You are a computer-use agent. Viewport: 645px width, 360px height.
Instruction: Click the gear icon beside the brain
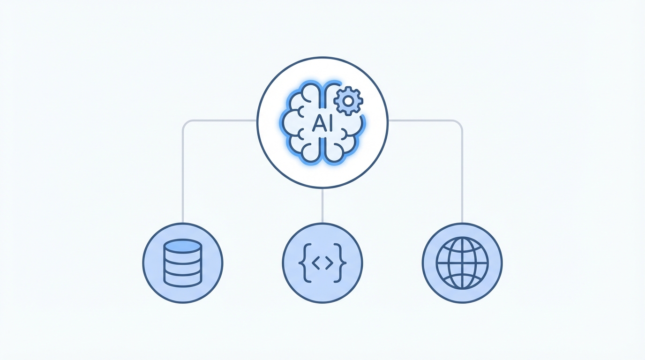[x=348, y=100]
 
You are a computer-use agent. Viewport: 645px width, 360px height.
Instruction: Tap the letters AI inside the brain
[x=322, y=123]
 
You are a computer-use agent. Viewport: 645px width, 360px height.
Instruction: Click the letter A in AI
[x=317, y=123]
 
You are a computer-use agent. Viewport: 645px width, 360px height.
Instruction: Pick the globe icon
[x=462, y=262]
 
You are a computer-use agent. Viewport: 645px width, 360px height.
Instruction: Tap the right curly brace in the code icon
[x=342, y=263]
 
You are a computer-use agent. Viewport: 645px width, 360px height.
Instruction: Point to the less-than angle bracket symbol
[x=315, y=263]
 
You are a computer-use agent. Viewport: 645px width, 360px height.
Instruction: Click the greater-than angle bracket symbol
[x=329, y=263]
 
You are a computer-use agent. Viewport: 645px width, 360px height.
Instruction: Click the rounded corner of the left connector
[x=185, y=123]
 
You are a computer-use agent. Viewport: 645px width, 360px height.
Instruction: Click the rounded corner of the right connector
[x=459, y=123]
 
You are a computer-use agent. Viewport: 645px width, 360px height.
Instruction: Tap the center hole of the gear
[x=348, y=100]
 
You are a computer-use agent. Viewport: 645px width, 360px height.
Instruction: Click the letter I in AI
[x=329, y=123]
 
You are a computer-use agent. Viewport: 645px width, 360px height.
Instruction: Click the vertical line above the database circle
[x=183, y=178]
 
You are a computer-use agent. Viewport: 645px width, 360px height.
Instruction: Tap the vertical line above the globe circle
[x=462, y=178]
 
